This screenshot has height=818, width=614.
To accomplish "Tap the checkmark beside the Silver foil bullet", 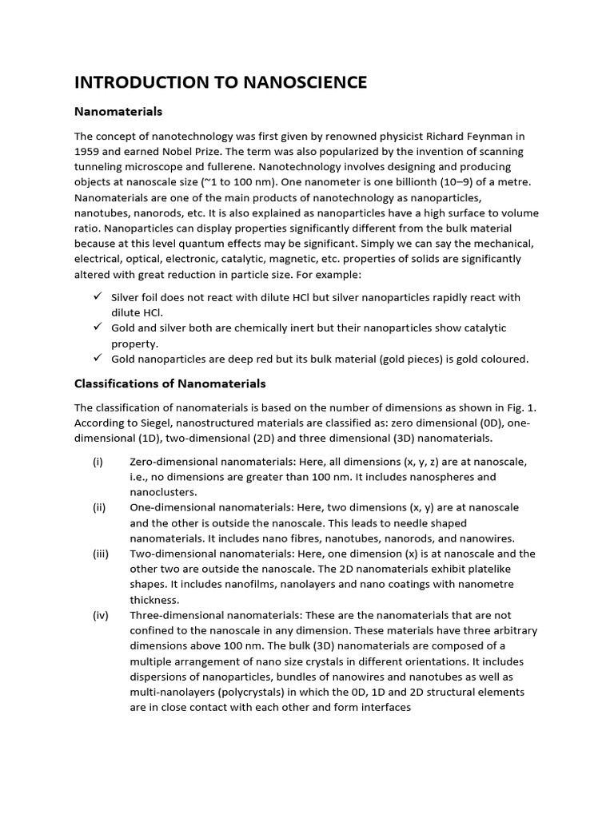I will (x=97, y=296).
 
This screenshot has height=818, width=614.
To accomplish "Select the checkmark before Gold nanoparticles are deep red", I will (x=97, y=359).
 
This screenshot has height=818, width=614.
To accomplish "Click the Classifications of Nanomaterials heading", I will (x=169, y=383).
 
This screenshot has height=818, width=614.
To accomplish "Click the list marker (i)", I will (x=98, y=462).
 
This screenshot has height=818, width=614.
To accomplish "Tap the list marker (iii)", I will (x=101, y=554).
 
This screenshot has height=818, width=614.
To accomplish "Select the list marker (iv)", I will (x=101, y=615).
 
